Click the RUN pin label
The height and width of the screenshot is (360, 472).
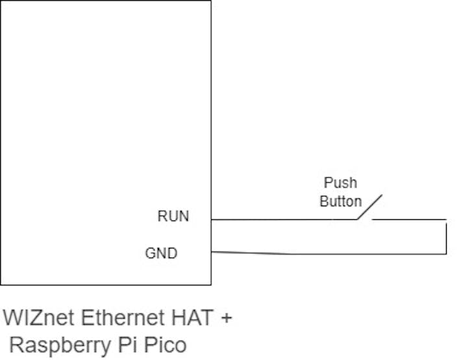[x=173, y=216]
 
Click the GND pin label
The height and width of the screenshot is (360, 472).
[x=161, y=253]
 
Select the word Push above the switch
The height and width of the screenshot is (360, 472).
[x=340, y=183]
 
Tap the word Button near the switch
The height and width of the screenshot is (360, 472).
[x=340, y=201]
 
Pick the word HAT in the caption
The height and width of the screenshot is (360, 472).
[x=193, y=319]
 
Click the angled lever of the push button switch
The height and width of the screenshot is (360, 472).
[x=369, y=207]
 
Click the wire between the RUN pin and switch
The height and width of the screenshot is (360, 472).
[x=282, y=219]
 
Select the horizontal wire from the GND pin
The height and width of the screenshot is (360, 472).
[x=325, y=254]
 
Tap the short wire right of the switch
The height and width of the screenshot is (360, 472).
[x=409, y=219]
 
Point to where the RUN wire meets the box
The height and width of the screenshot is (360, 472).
[x=211, y=219]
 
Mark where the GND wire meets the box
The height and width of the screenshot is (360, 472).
[x=211, y=252]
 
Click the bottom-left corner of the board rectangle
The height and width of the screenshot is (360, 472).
[x=1, y=284]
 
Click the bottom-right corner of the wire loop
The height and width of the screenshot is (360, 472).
[x=446, y=254]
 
